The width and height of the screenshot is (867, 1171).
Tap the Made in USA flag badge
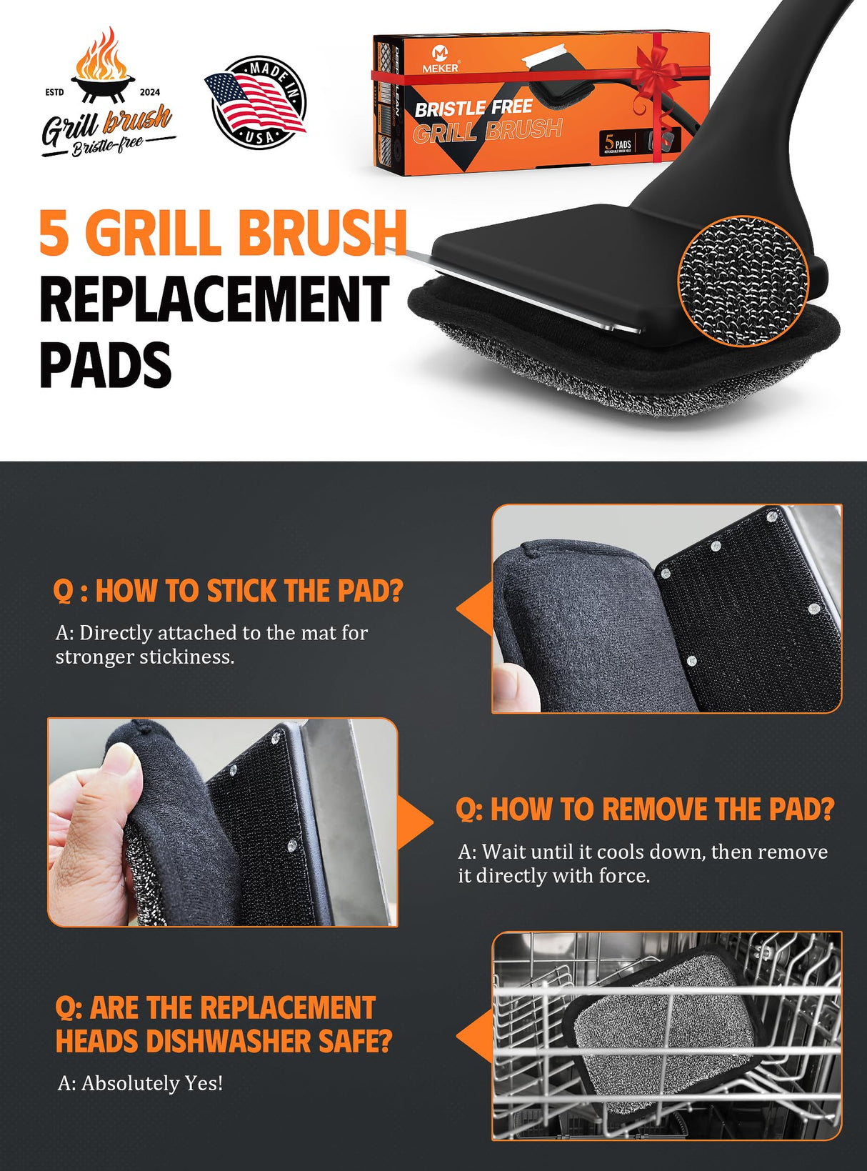[256, 102]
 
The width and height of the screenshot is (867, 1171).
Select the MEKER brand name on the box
[440, 68]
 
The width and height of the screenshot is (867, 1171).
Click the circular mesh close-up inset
[743, 280]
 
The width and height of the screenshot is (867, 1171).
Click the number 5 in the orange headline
[55, 233]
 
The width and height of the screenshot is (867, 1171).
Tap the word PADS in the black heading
[105, 364]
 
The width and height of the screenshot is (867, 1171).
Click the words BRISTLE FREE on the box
[473, 109]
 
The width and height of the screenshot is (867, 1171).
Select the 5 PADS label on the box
[618, 143]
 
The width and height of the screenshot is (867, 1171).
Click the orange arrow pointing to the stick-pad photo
[474, 609]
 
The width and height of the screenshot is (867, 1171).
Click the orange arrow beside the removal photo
[416, 822]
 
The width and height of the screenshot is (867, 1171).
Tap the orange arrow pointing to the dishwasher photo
[474, 1036]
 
